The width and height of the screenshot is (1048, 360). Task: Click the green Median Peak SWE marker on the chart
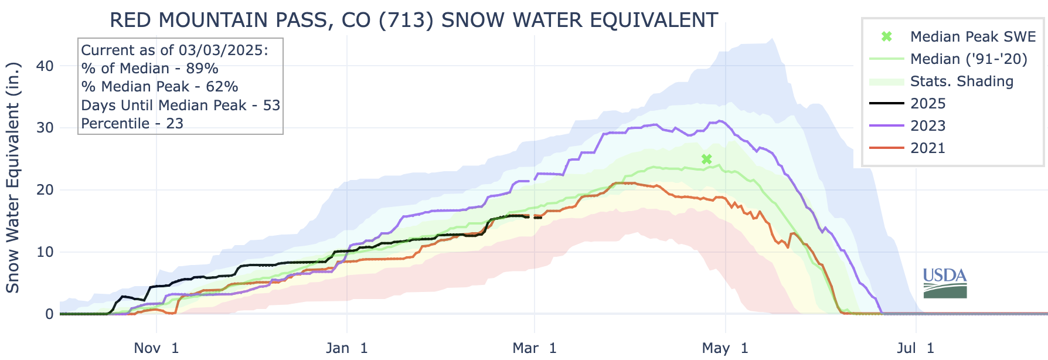pos(707,159)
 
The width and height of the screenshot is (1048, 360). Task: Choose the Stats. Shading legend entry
pos(961,81)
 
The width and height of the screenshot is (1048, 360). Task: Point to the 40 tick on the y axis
pos(45,66)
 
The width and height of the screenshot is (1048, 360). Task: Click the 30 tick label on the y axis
pos(45,128)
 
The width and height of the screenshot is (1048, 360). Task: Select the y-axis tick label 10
pos(45,252)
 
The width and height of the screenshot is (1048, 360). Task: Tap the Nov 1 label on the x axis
pos(156,348)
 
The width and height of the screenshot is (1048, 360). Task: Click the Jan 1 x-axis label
pos(347,348)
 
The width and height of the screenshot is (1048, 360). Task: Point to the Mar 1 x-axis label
pos(535,348)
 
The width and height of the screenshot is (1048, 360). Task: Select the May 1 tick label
pos(726,348)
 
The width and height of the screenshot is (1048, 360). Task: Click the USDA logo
pos(945,283)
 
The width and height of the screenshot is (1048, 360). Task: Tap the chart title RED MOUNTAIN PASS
pos(413,20)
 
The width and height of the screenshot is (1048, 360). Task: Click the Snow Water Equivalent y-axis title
pos(13,177)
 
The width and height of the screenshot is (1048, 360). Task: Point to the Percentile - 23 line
pos(132,124)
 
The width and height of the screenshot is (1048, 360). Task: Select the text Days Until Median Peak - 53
pos(181,106)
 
